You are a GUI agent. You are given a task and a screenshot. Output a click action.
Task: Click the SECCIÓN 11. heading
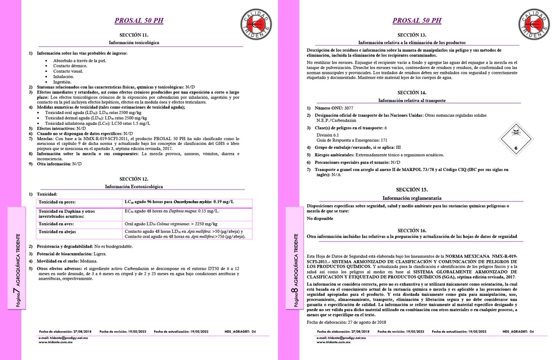(x=134, y=35)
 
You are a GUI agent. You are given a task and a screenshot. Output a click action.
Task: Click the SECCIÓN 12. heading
(x=134, y=179)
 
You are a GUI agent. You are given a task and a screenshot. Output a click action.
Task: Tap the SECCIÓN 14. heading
(x=412, y=93)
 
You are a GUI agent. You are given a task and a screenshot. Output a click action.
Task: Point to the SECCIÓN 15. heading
(x=412, y=190)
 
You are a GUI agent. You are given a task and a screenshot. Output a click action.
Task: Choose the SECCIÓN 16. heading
(x=412, y=230)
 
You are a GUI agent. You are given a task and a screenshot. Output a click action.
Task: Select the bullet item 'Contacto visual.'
(x=68, y=71)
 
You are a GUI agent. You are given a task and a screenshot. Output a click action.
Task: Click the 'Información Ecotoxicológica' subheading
(x=134, y=186)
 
